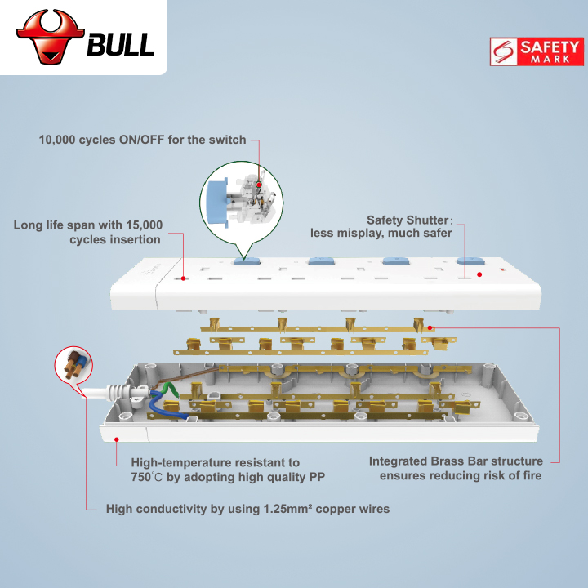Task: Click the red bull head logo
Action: [x=51, y=37]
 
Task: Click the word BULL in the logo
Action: [x=121, y=45]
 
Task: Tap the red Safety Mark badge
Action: [x=537, y=51]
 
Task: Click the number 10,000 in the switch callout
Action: [x=57, y=140]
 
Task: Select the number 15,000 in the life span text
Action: [x=144, y=225]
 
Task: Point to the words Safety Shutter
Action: [x=408, y=220]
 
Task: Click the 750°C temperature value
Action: [x=147, y=477]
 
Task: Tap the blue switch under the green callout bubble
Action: [x=247, y=261]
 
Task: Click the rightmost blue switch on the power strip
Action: [x=470, y=261]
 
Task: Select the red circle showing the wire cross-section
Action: [x=73, y=365]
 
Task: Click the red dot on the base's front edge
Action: [x=117, y=439]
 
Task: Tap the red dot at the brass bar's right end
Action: [x=430, y=328]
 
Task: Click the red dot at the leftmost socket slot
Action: [x=184, y=278]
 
